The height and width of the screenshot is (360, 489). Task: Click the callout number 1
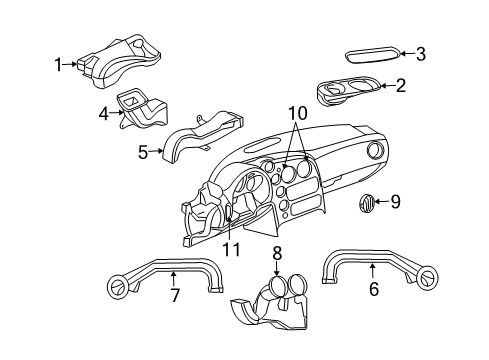(x=58, y=65)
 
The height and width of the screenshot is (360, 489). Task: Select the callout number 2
(x=400, y=86)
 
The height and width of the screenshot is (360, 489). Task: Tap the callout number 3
(x=420, y=54)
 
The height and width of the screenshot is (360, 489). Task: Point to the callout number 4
(x=104, y=114)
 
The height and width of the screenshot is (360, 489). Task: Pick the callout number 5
(x=143, y=153)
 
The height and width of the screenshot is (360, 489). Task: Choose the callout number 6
(x=373, y=289)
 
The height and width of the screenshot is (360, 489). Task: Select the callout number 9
(x=394, y=203)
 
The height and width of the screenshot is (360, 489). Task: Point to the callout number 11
(x=231, y=249)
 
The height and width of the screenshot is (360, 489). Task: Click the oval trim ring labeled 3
(x=371, y=55)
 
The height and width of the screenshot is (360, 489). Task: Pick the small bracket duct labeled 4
(x=140, y=107)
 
